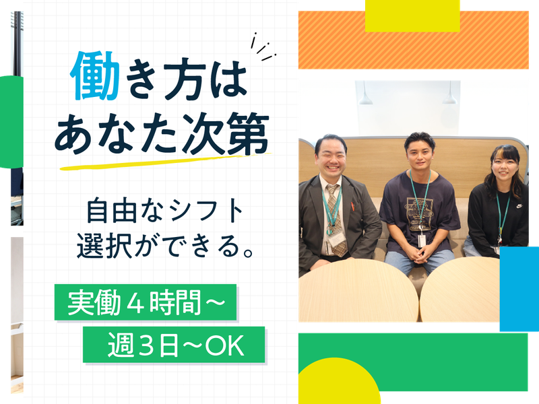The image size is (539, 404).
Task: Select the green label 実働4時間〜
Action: click(146, 304)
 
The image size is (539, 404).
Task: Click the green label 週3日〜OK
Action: click(175, 347)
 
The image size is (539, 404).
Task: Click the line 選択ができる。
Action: click(164, 244)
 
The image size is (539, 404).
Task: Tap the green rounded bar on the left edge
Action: click(11, 121)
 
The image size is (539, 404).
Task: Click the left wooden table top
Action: click(357, 290)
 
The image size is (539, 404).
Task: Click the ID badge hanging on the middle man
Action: click(421, 240)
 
